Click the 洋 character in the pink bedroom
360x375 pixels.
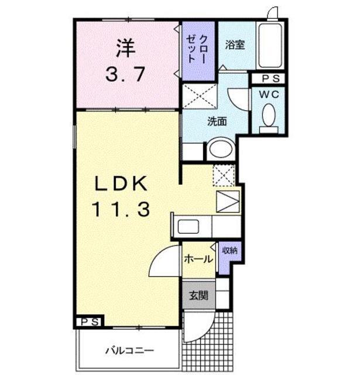[x=126, y=49]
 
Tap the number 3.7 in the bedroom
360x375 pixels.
[x=125, y=74]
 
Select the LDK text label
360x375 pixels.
[x=121, y=183]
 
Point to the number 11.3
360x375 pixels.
[x=121, y=209]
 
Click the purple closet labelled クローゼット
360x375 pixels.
[x=198, y=51]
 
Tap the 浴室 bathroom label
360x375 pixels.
[x=235, y=45]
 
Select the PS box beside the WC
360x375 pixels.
[x=269, y=79]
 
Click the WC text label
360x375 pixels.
[x=269, y=94]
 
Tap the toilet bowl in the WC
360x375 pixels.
[x=269, y=115]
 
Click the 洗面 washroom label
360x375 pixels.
[x=217, y=121]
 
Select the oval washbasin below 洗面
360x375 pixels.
[x=221, y=148]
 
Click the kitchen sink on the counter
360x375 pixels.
[x=188, y=226]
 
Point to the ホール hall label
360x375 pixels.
[x=198, y=259]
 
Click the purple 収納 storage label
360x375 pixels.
[x=230, y=250]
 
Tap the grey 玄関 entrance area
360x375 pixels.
[x=199, y=295]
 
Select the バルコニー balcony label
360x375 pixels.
[x=130, y=351]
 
